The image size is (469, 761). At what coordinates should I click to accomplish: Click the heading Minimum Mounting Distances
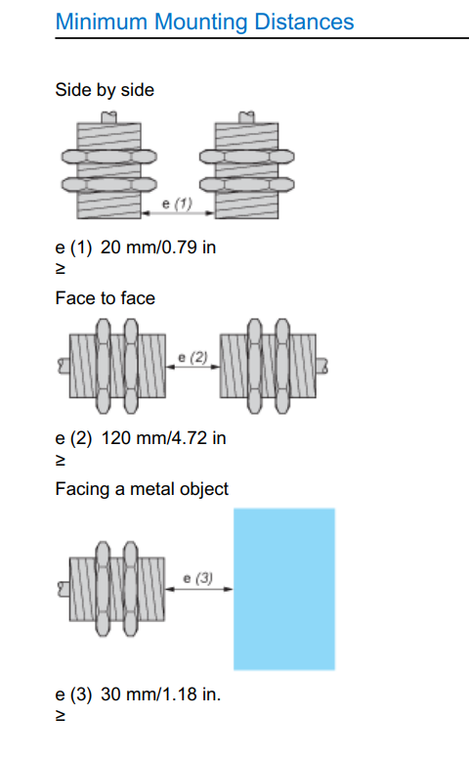tap(204, 22)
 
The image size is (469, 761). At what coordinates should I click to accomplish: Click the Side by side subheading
tap(105, 90)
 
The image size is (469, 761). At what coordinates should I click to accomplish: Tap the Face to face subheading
tap(106, 298)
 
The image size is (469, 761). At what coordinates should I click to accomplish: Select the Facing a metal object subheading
tap(142, 489)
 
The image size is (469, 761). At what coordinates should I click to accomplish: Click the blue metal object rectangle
tap(284, 589)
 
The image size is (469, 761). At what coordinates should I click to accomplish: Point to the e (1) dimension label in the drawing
tap(177, 203)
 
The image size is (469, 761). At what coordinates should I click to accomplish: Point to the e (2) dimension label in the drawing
tap(192, 358)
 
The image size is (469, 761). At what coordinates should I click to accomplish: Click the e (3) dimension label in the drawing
tap(198, 578)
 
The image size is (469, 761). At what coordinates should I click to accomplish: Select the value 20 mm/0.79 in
tap(158, 247)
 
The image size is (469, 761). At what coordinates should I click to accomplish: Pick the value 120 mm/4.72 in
tap(163, 438)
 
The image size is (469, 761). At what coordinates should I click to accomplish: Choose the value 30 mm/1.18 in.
tap(160, 694)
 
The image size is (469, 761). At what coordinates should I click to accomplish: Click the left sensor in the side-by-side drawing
tap(109, 166)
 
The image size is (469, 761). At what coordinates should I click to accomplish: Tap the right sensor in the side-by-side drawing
tap(247, 166)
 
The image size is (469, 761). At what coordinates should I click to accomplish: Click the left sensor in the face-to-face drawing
tap(112, 366)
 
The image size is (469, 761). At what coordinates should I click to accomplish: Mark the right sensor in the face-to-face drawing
tap(274, 366)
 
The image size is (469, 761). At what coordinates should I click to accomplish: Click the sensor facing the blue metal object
tap(111, 589)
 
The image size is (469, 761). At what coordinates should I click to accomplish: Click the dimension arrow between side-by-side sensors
tap(178, 213)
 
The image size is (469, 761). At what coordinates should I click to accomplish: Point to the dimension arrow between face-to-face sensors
tap(193, 367)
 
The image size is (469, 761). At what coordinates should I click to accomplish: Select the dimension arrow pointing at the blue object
tap(199, 589)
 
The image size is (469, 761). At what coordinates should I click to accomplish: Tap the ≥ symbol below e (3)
tap(61, 716)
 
